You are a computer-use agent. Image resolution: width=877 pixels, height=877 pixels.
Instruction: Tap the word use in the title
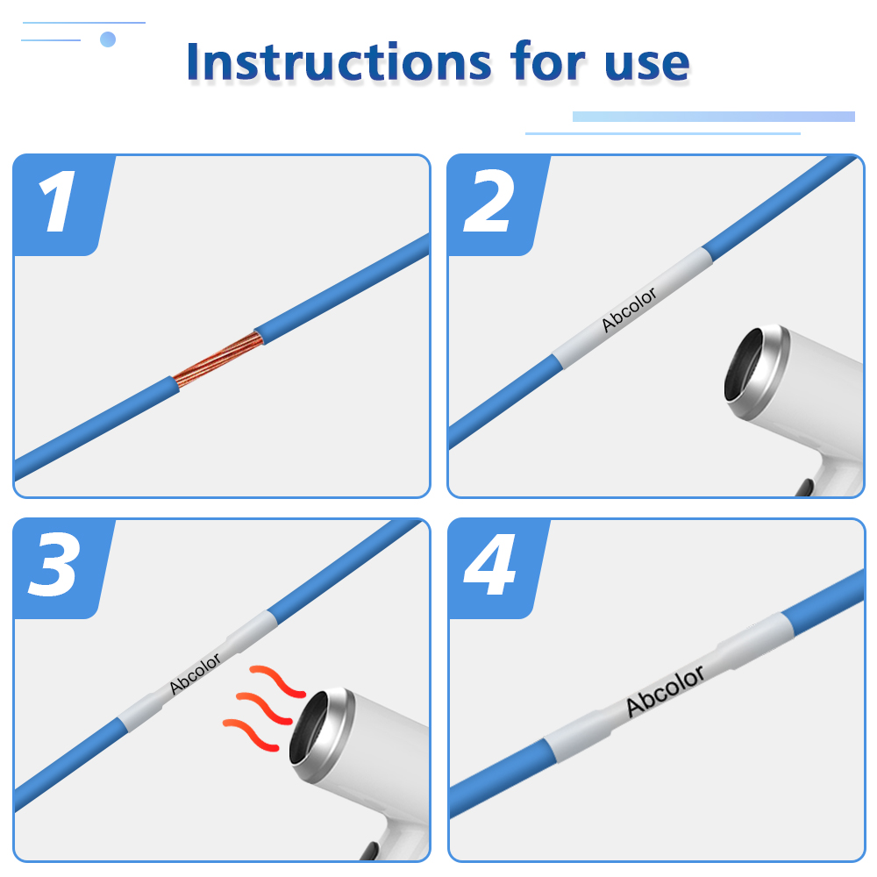(647, 63)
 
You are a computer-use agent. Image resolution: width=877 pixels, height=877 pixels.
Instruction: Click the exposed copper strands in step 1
(218, 359)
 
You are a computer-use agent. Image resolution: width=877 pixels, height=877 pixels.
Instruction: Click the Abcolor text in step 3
(195, 674)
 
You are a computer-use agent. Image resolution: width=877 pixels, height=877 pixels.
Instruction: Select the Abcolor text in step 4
(665, 691)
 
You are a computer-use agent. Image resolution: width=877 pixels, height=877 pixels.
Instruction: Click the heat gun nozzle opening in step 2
(744, 365)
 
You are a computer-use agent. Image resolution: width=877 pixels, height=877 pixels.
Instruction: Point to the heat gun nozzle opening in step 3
(309, 728)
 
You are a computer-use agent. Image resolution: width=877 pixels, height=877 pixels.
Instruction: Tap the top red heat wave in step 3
(277, 681)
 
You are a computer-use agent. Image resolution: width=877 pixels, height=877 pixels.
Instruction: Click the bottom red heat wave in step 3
(251, 734)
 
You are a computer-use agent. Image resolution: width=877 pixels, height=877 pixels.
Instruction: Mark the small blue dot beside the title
(108, 39)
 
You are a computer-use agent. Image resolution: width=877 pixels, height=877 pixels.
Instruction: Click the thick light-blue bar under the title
(714, 117)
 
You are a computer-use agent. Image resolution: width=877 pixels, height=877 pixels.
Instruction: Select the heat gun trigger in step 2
(805, 487)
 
